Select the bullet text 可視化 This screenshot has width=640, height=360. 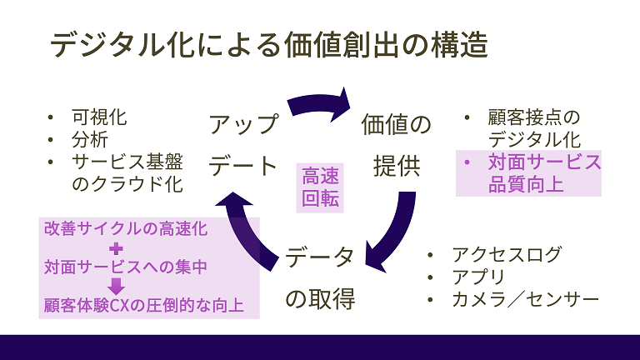click(x=99, y=117)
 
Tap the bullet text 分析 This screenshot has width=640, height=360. click(x=89, y=139)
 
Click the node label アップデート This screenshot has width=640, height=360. click(x=242, y=145)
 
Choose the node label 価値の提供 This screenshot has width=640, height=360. click(x=396, y=145)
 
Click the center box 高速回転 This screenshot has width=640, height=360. click(x=321, y=188)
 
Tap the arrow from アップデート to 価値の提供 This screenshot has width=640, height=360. click(x=321, y=105)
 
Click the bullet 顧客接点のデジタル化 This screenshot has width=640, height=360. click(x=533, y=128)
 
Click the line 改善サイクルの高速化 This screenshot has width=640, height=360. click(x=125, y=227)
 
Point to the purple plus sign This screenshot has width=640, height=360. click(x=116, y=247)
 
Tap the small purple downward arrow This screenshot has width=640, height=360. click(x=116, y=287)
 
